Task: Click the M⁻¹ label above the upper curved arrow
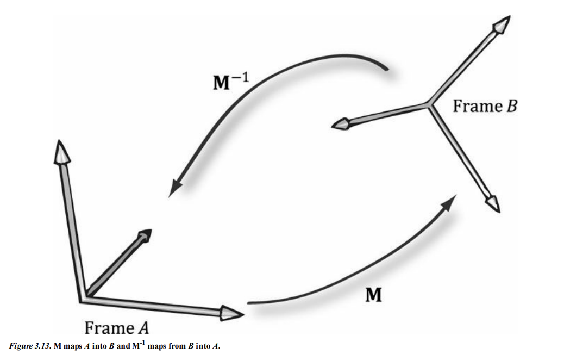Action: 228,81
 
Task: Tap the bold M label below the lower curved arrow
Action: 373,295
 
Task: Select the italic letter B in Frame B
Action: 511,105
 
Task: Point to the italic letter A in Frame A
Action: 143,328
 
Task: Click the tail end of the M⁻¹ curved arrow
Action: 387,69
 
